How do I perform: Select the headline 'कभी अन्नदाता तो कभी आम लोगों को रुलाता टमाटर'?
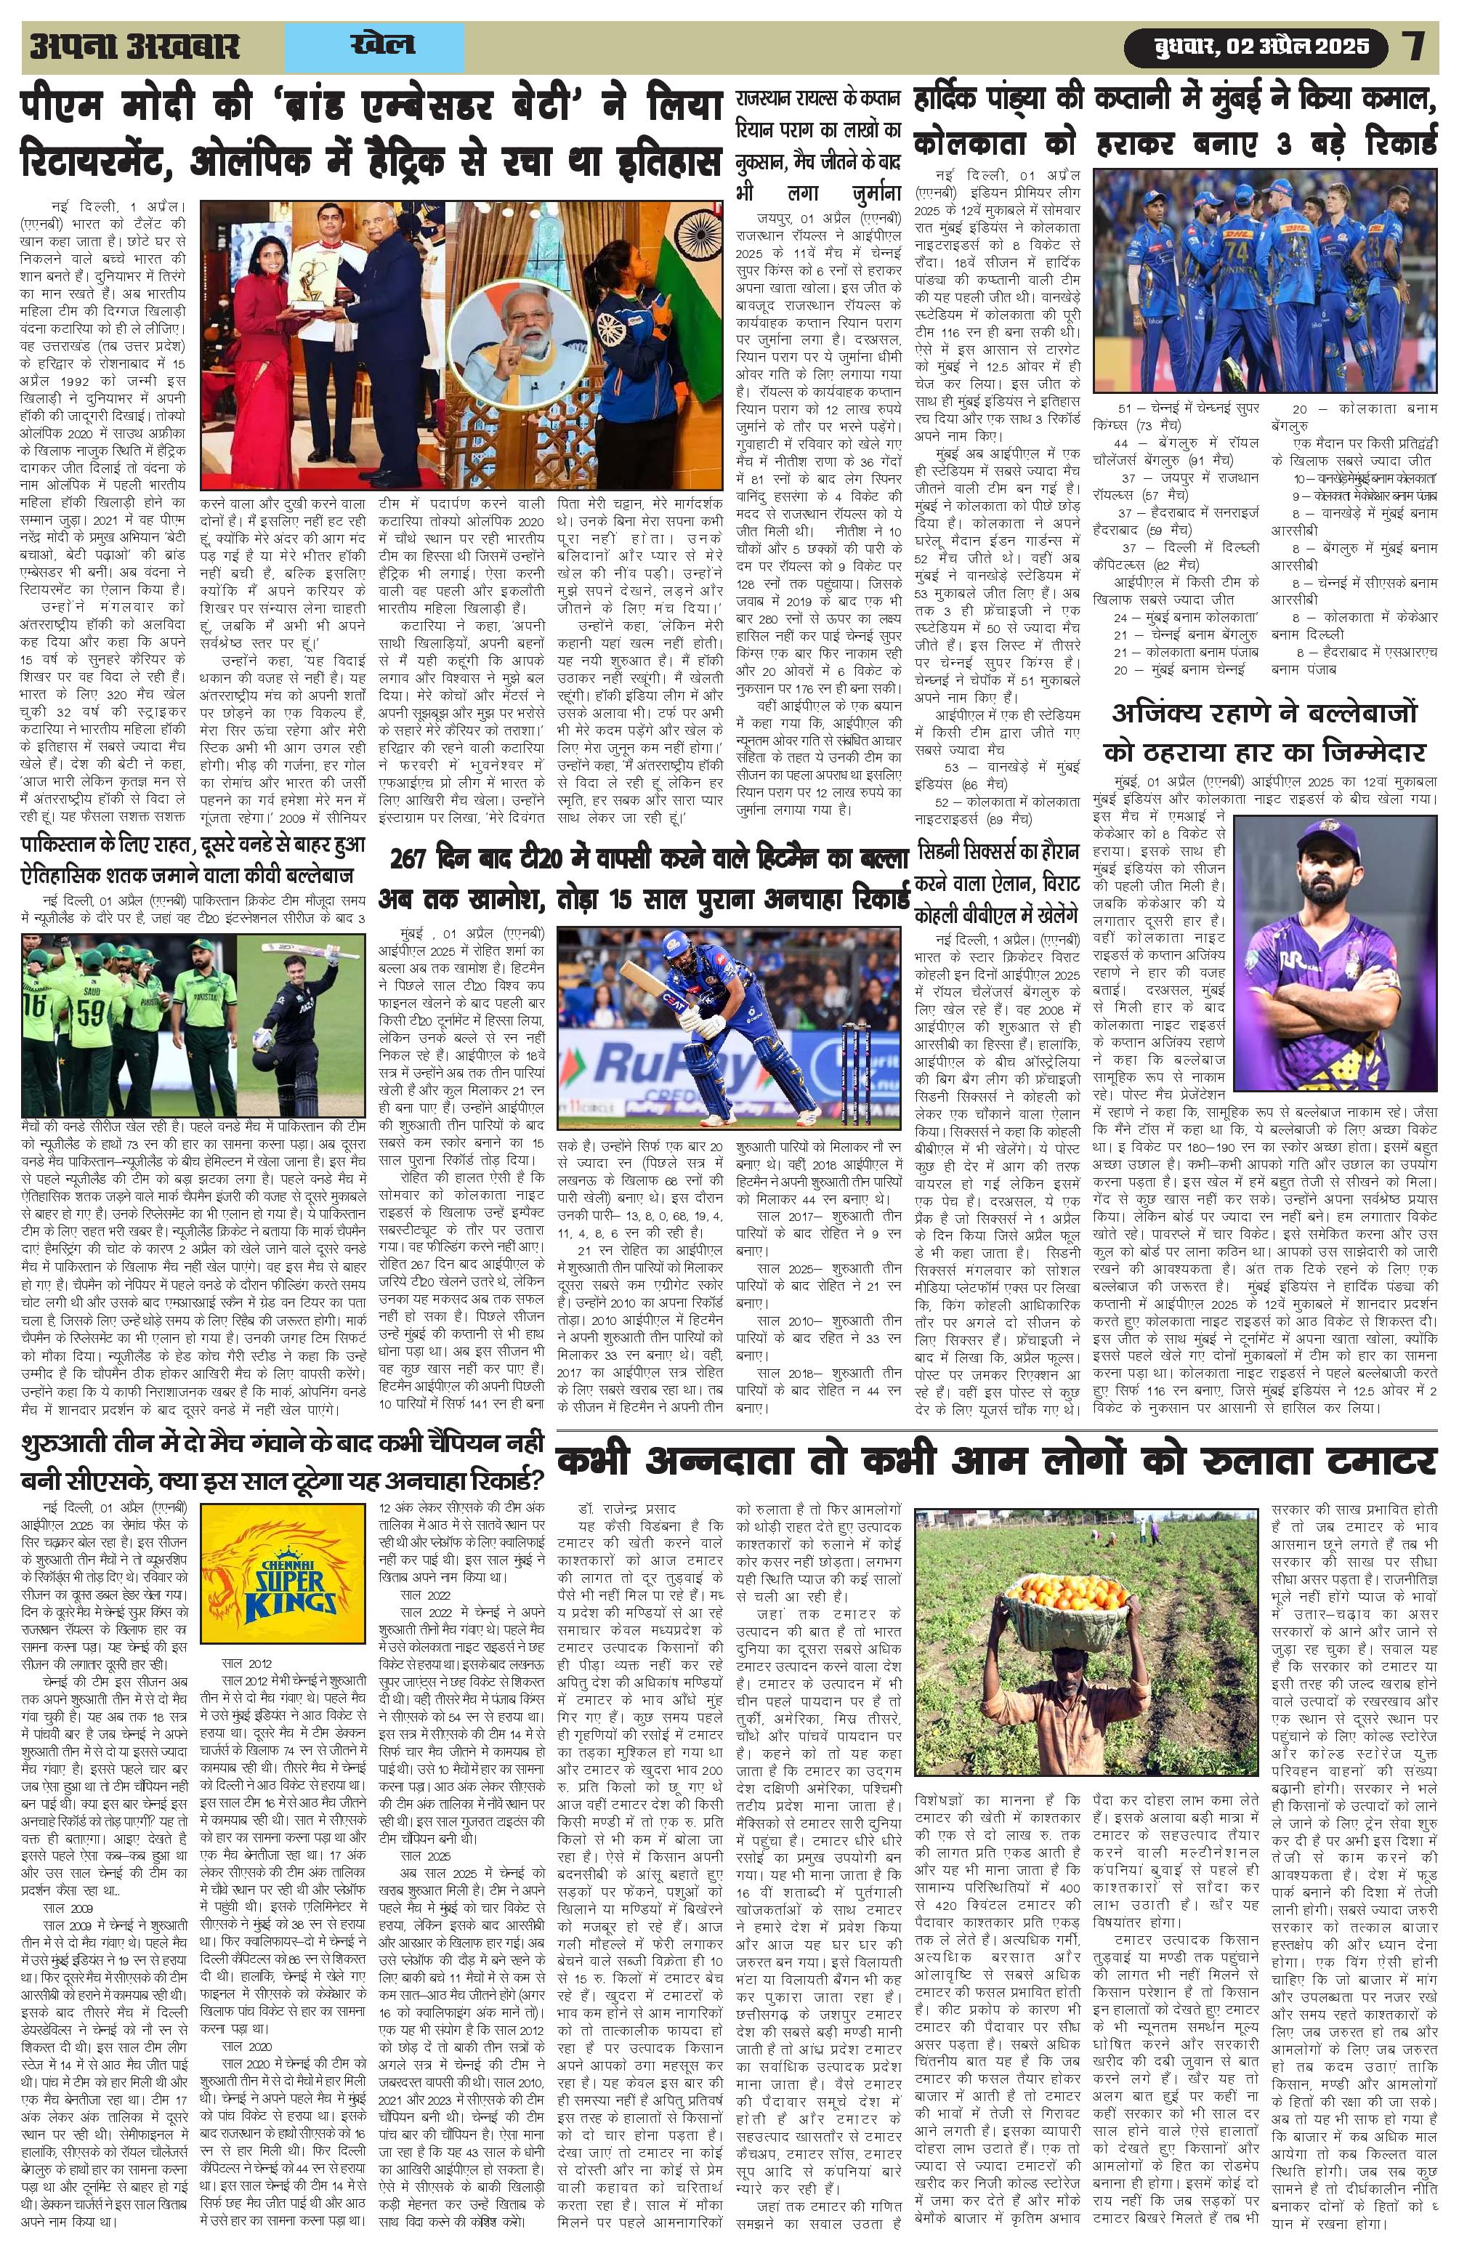995,1462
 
